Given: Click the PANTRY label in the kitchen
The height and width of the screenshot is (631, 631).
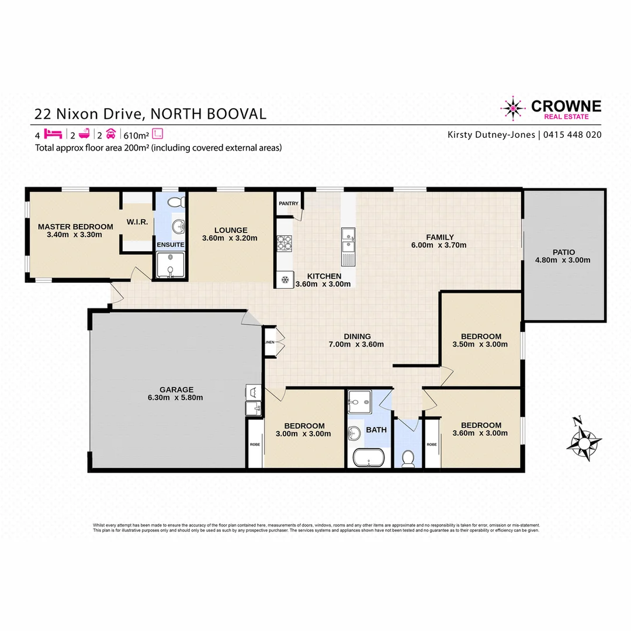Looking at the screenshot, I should (289, 204).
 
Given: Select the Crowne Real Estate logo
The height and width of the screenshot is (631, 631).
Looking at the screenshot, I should (550, 109).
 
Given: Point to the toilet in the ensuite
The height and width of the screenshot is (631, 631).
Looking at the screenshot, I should (175, 203).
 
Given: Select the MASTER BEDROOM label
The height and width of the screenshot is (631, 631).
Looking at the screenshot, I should (75, 227).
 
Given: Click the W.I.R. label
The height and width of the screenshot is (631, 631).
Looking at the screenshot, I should (138, 222).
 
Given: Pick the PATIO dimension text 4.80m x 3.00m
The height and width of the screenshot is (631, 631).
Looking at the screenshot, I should (563, 261).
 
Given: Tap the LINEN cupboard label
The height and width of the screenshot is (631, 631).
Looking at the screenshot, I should (269, 342).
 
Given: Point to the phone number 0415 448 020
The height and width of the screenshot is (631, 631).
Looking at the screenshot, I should (573, 135).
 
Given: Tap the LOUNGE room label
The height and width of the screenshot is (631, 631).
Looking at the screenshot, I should (231, 230).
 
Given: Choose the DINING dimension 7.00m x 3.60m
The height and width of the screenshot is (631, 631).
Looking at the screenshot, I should (357, 345).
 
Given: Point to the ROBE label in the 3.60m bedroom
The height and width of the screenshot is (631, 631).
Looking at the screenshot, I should (432, 445).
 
